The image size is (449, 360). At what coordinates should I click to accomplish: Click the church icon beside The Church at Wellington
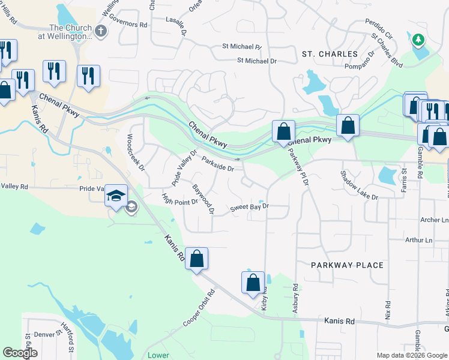(101, 31)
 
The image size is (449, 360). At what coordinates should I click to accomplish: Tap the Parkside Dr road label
(217, 164)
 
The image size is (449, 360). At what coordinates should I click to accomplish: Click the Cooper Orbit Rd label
(199, 310)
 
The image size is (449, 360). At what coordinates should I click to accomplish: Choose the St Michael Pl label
(242, 46)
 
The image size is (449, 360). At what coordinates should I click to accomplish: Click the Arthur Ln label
(419, 240)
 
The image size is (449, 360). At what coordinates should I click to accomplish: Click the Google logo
(20, 352)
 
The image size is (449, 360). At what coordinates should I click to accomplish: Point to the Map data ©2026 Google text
(411, 355)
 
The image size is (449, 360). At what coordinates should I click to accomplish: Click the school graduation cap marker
(116, 196)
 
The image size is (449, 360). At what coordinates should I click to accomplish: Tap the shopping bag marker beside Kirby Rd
(253, 282)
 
